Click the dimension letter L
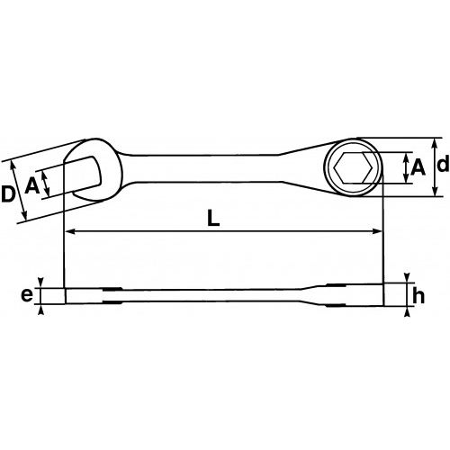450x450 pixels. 212,219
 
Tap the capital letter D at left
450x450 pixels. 9,193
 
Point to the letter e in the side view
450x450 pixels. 27,294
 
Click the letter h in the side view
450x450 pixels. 418,296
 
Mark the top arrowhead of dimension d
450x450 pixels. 436,142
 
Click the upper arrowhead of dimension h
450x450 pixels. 406,277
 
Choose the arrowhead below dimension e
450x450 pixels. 42,311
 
